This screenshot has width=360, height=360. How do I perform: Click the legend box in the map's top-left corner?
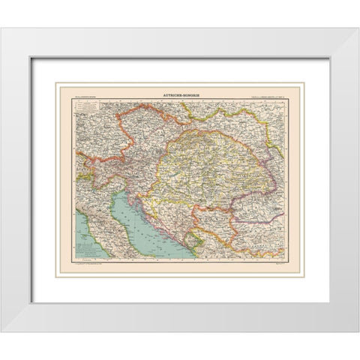pyautogui.click(x=88, y=109)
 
